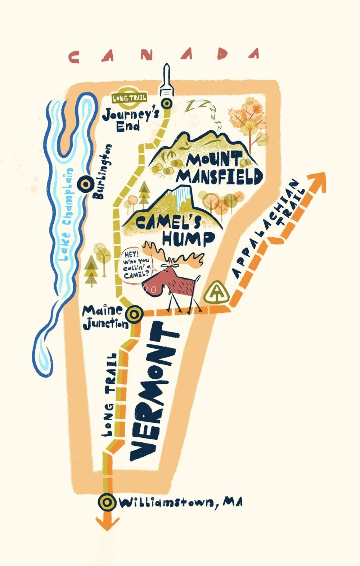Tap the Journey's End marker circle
coord(167,104)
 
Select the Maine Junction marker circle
coord(134,314)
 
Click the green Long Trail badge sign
coord(129,98)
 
